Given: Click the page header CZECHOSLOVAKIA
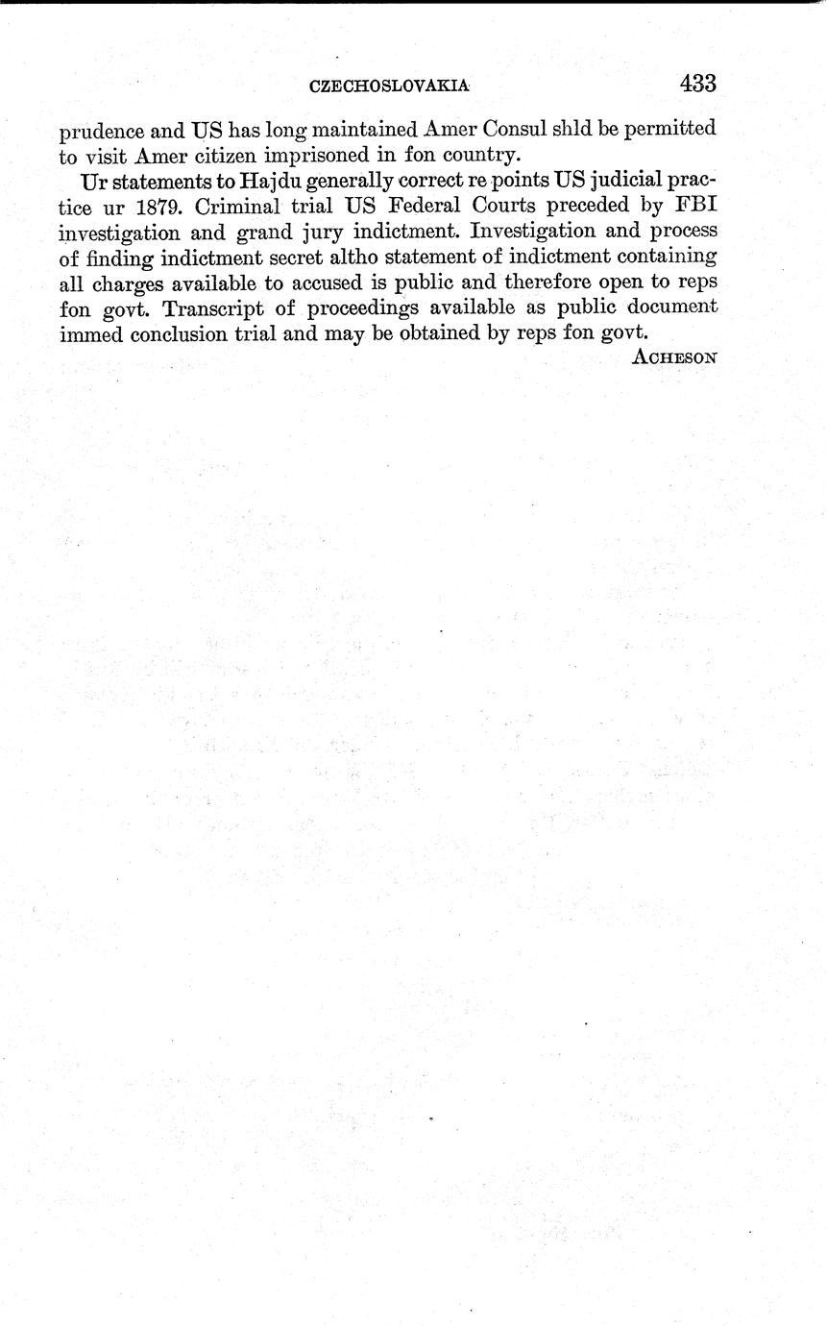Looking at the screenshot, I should (x=389, y=86).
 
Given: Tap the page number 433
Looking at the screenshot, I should (x=697, y=83).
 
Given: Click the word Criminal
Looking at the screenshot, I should (x=232, y=206).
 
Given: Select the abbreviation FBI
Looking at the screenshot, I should (x=694, y=206).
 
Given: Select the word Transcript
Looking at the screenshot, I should (x=227, y=307).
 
